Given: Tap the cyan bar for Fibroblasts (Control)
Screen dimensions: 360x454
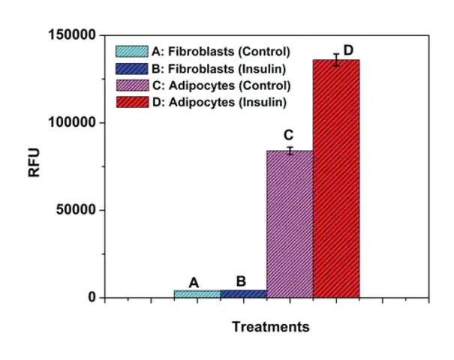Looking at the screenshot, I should pyautogui.click(x=197, y=294).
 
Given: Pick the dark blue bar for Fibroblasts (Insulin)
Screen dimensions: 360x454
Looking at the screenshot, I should pyautogui.click(x=244, y=294).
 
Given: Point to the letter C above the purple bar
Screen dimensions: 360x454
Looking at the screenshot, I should pyautogui.click(x=287, y=136).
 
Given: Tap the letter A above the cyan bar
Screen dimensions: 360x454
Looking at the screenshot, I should pyautogui.click(x=194, y=283).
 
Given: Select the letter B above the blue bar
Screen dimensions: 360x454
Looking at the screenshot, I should pyautogui.click(x=241, y=281).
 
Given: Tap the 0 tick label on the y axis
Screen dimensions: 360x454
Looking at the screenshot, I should pyautogui.click(x=92, y=298).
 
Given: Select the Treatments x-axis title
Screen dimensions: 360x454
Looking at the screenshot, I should pyautogui.click(x=270, y=327).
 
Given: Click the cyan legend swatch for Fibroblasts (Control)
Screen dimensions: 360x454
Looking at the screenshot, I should pyautogui.click(x=131, y=52).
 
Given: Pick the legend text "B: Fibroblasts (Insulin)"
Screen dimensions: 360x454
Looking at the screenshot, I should pyautogui.click(x=221, y=68).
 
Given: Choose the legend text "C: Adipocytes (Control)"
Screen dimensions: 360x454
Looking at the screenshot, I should pyautogui.click(x=221, y=85).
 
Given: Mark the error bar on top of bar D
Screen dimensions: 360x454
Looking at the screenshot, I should pyautogui.click(x=336, y=60).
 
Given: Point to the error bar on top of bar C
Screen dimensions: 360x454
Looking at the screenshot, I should pyautogui.click(x=290, y=151).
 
